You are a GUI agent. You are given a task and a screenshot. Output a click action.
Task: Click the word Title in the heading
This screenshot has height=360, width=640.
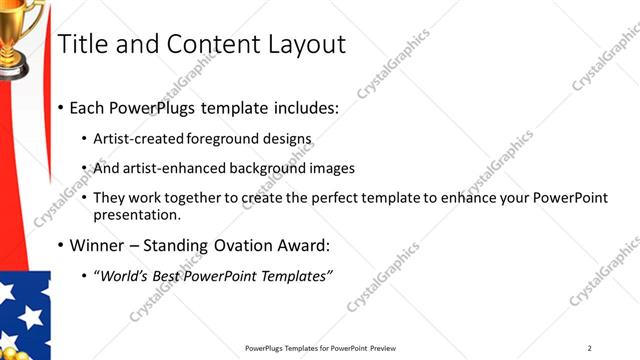tap(83, 44)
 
